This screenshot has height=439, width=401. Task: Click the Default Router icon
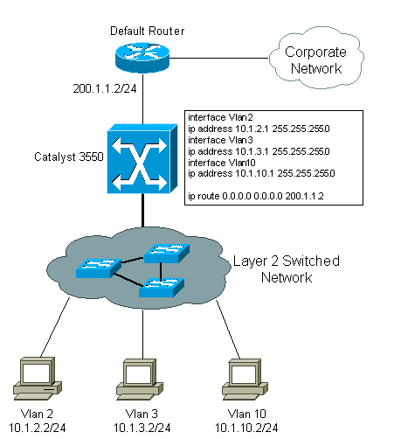(142, 58)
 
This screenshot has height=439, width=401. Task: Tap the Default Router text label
(148, 31)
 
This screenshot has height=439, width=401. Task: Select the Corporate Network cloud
(316, 58)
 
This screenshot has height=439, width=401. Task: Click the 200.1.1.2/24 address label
(105, 88)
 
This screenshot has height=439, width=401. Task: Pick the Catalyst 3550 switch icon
(142, 158)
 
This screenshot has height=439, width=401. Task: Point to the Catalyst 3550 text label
(69, 157)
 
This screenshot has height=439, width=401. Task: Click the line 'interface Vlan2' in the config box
(220, 117)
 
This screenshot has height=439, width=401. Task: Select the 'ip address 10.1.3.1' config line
(259, 151)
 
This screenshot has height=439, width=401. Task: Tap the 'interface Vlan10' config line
(222, 163)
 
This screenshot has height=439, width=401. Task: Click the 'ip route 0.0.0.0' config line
(256, 196)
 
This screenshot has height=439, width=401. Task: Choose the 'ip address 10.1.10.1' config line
(261, 173)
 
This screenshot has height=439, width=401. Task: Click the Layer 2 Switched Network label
(287, 269)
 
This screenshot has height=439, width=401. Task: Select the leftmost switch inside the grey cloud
(99, 268)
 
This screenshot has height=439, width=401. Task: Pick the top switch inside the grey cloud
(167, 254)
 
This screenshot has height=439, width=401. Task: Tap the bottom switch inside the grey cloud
(162, 288)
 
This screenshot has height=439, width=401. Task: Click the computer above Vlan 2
(38, 379)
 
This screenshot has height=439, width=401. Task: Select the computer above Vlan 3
(140, 380)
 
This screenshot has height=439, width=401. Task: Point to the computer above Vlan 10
(245, 380)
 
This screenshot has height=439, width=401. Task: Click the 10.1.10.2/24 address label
(246, 428)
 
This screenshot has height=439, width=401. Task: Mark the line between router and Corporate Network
(218, 58)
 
